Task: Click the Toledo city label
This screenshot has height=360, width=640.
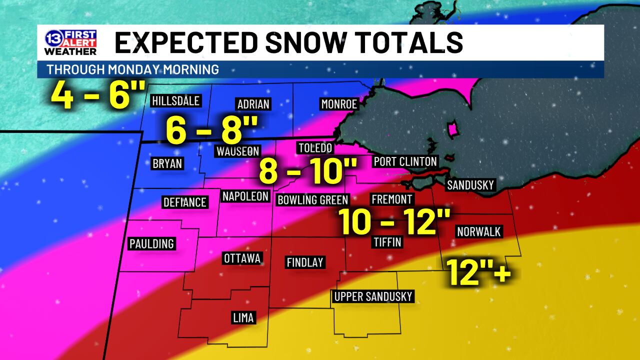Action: (314, 148)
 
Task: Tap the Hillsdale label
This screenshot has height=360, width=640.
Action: (175, 101)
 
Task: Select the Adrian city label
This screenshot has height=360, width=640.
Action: (253, 104)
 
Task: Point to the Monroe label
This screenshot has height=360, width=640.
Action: (339, 104)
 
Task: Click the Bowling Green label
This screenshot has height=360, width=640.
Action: (312, 200)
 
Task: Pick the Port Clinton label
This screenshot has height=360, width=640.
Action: (405, 161)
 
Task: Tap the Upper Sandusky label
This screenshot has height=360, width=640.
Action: (373, 296)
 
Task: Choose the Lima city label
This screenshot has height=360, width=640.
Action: (243, 317)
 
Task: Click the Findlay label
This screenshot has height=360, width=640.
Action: (304, 262)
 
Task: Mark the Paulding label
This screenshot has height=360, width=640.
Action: (151, 243)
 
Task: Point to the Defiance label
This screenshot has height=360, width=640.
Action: (185, 202)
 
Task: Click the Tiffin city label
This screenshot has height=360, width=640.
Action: (387, 242)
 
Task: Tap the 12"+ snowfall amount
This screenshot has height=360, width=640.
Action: (478, 272)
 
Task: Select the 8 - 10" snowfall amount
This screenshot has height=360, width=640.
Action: (306, 171)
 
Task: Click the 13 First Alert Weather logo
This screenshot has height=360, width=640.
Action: (70, 42)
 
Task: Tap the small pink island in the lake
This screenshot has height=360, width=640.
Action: (453, 130)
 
